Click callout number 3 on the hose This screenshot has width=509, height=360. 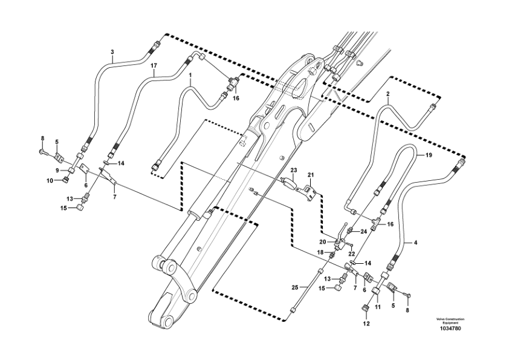point(112,52)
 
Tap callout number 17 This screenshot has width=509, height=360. point(154,65)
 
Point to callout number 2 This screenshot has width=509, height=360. point(388,94)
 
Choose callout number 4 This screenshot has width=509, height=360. point(415,243)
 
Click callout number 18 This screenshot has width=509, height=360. point(321,252)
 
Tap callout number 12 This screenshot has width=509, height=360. point(366,324)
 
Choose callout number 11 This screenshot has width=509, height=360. point(378,307)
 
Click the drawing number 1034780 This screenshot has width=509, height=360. point(450,329)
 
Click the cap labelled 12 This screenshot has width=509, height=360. point(366,310)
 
